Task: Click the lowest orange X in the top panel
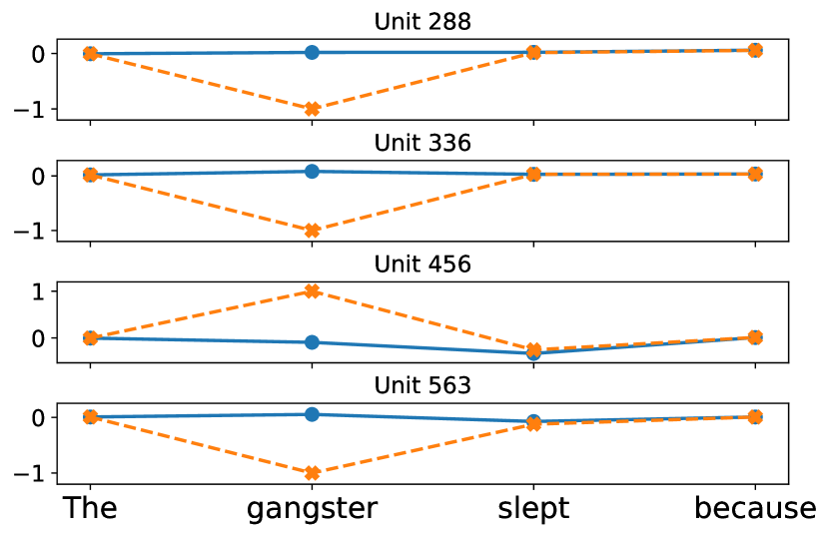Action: tap(312, 109)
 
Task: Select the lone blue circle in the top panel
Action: tap(312, 52)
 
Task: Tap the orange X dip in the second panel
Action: tap(312, 231)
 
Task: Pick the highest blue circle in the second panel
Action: tap(312, 171)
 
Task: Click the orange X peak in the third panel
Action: tap(312, 291)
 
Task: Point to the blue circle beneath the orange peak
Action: tap(312, 342)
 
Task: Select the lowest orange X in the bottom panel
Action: tap(312, 473)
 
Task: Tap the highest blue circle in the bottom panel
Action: tap(312, 414)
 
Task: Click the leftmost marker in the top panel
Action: tap(90, 54)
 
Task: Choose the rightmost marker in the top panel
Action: tap(755, 50)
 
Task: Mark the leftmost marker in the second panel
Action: tap(90, 175)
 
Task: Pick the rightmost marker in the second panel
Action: tap(755, 174)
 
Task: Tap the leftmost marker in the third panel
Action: tap(90, 337)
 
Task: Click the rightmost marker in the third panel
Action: tap(755, 337)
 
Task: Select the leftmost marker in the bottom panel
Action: tap(90, 416)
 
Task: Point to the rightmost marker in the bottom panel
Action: tap(755, 416)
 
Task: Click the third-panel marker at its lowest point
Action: tap(533, 353)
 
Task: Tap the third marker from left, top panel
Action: tap(533, 52)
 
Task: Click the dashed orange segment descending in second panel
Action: tap(201, 203)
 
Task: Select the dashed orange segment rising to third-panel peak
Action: tap(201, 314)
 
